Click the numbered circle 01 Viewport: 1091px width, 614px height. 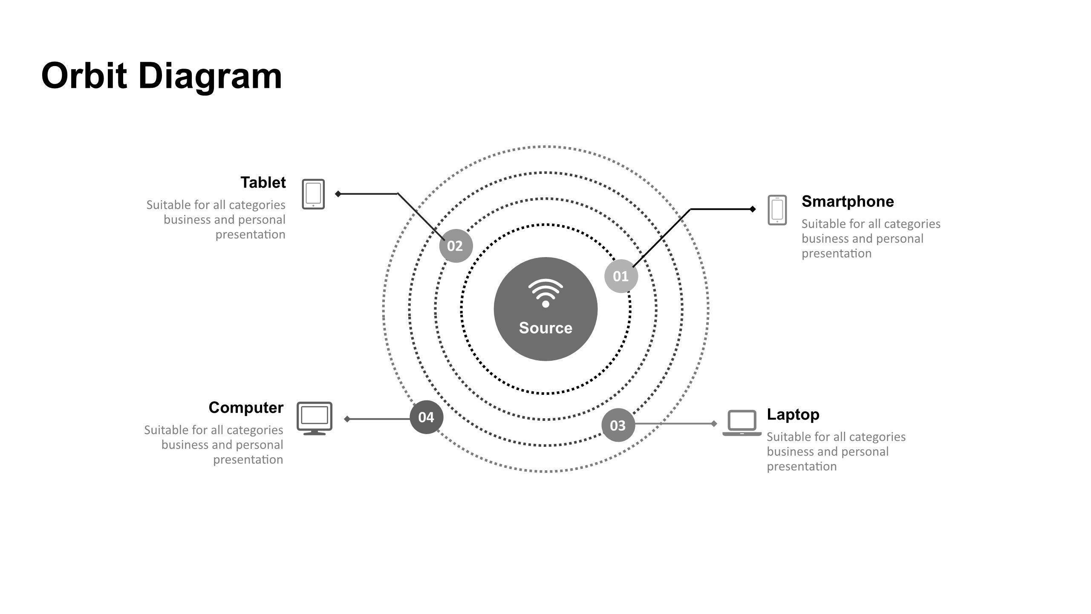coord(621,276)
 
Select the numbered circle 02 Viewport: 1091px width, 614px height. coord(456,246)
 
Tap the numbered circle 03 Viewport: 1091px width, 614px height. coord(618,425)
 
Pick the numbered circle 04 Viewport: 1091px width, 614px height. coord(426,417)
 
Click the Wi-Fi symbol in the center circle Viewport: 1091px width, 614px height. coord(545,293)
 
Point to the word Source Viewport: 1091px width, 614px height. coord(545,328)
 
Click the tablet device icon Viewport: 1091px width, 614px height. coord(313,194)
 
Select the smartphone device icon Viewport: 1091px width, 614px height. coord(777,210)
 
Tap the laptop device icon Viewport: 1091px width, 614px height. coord(742,423)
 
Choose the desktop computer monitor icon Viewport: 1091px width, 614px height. coord(315,418)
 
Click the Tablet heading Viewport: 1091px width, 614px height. coord(263,182)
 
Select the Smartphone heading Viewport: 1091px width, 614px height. coord(848,202)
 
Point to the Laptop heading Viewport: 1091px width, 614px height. coord(793,414)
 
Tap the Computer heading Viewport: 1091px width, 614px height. coord(246,408)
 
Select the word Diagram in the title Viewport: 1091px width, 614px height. coord(210,77)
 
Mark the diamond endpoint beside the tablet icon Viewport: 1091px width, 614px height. coord(338,194)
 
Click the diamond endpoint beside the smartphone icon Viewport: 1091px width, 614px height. coord(753,209)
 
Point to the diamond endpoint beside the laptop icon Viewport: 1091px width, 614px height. coord(714,423)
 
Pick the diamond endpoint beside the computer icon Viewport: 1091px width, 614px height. coord(347,419)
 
